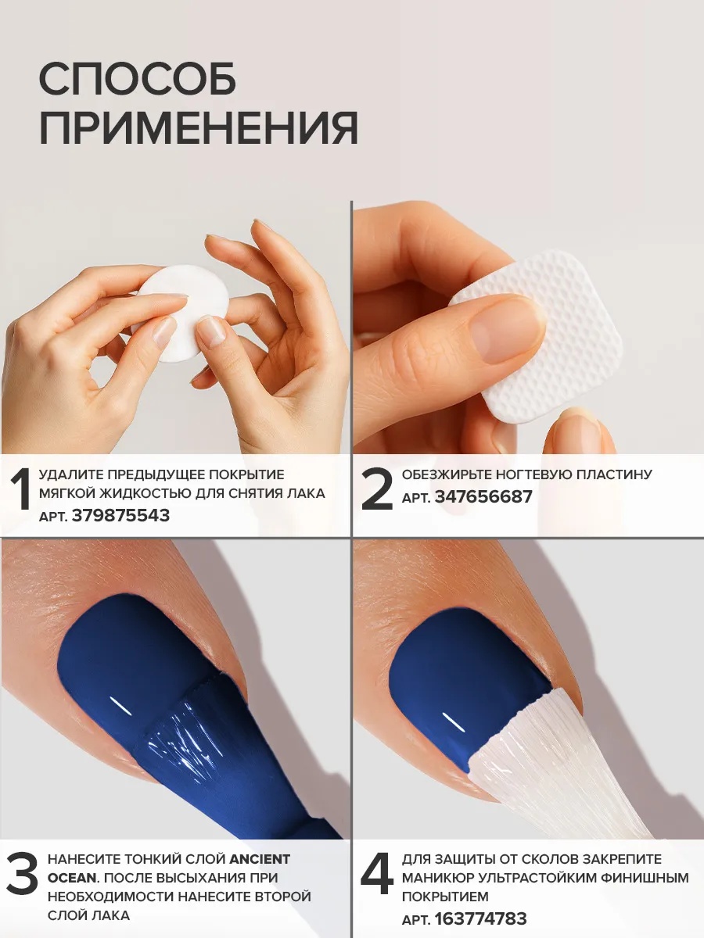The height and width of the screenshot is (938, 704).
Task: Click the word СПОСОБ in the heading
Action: click(137, 79)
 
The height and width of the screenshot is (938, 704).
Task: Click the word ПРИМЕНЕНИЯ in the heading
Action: click(199, 127)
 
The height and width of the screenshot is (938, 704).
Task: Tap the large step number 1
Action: click(20, 489)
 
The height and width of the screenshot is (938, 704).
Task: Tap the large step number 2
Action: click(376, 489)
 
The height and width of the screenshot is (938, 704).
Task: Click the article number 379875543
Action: click(121, 515)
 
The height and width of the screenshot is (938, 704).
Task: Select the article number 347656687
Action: click(484, 496)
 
